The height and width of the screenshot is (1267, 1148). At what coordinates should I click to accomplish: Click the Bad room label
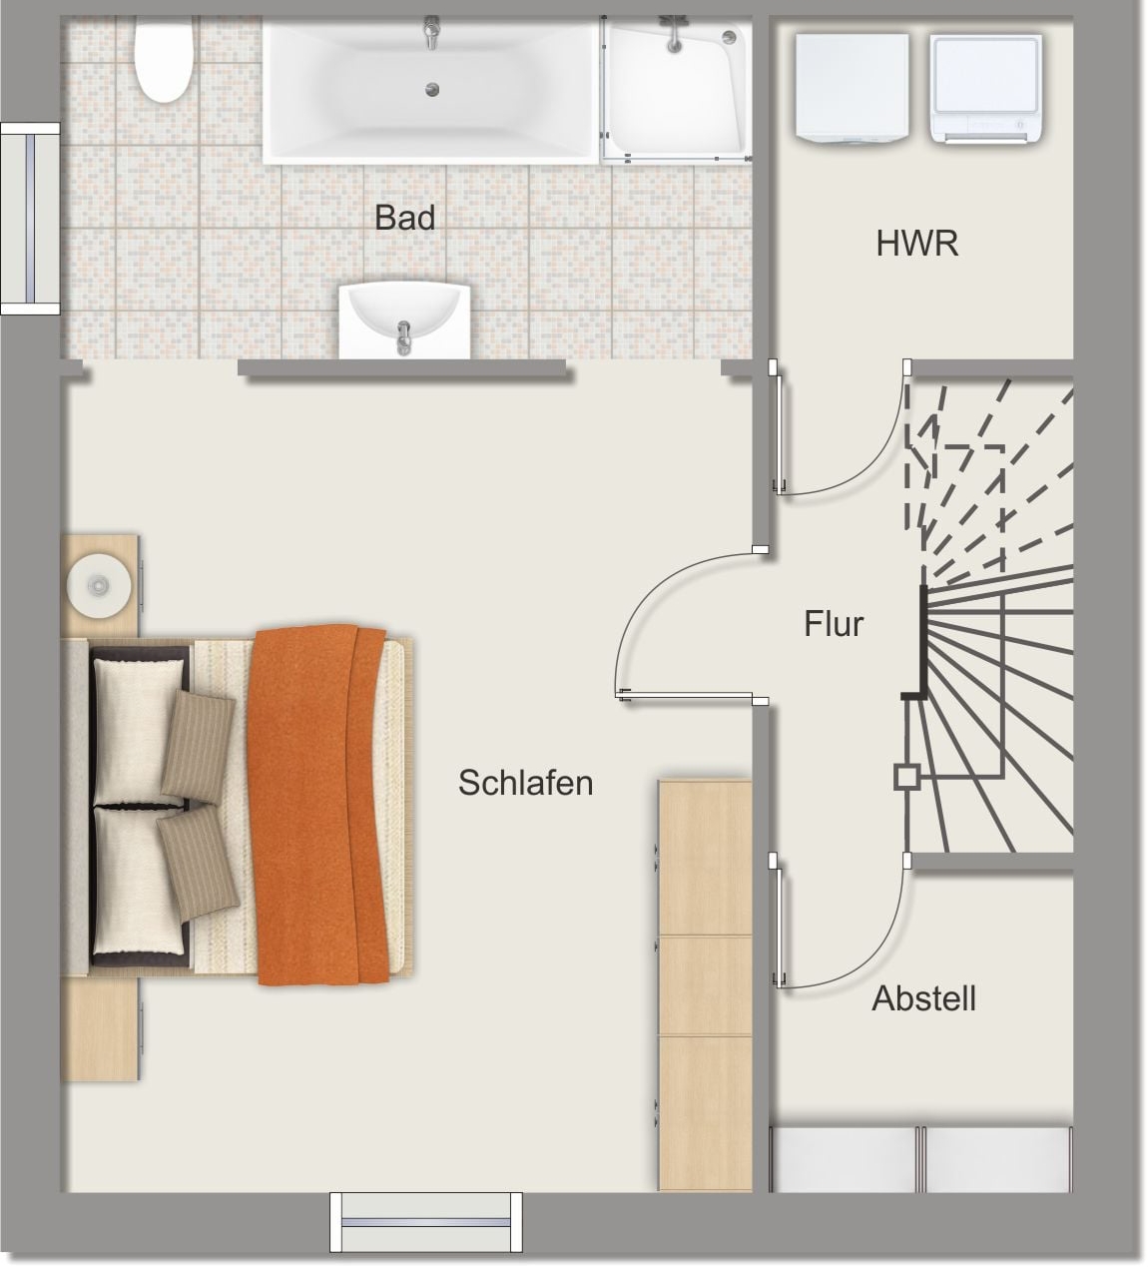405,218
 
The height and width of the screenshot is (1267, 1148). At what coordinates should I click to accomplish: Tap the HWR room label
916,244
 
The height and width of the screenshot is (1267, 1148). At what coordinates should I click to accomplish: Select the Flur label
834,624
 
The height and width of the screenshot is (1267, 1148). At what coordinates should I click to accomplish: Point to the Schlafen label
526,783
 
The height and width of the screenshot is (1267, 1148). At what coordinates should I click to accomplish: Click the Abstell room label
923,998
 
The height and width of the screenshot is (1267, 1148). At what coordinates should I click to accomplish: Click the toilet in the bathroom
163,59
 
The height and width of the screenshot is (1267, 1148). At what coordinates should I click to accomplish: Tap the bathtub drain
432,90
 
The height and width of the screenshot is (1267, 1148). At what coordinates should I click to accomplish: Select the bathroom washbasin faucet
403,336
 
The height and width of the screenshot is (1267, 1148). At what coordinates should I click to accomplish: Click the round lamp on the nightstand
99,585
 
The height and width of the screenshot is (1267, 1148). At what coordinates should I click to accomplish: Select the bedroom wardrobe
705,985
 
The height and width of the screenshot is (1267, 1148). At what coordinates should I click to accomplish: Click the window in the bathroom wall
30,219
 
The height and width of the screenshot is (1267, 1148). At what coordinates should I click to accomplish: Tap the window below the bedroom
426,1224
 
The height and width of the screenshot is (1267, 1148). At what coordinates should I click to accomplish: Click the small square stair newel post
906,777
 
